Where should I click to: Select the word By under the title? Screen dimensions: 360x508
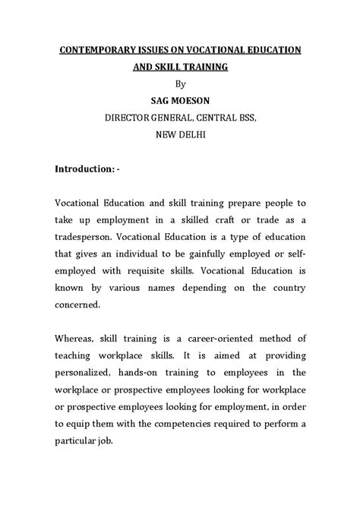tap(180, 85)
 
